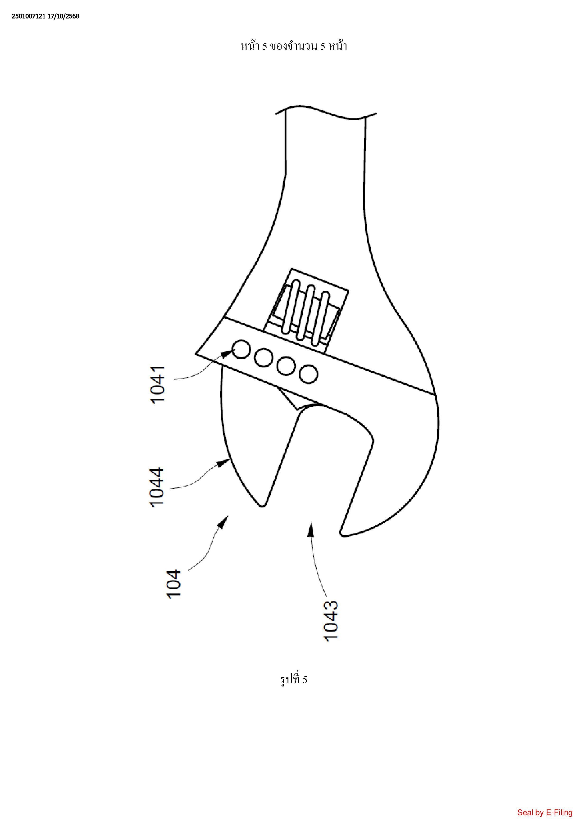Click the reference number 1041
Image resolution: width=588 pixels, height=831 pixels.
pos(158,385)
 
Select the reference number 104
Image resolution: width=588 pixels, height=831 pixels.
pos(174,584)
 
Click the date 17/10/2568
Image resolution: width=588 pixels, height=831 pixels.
pos(63,16)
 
